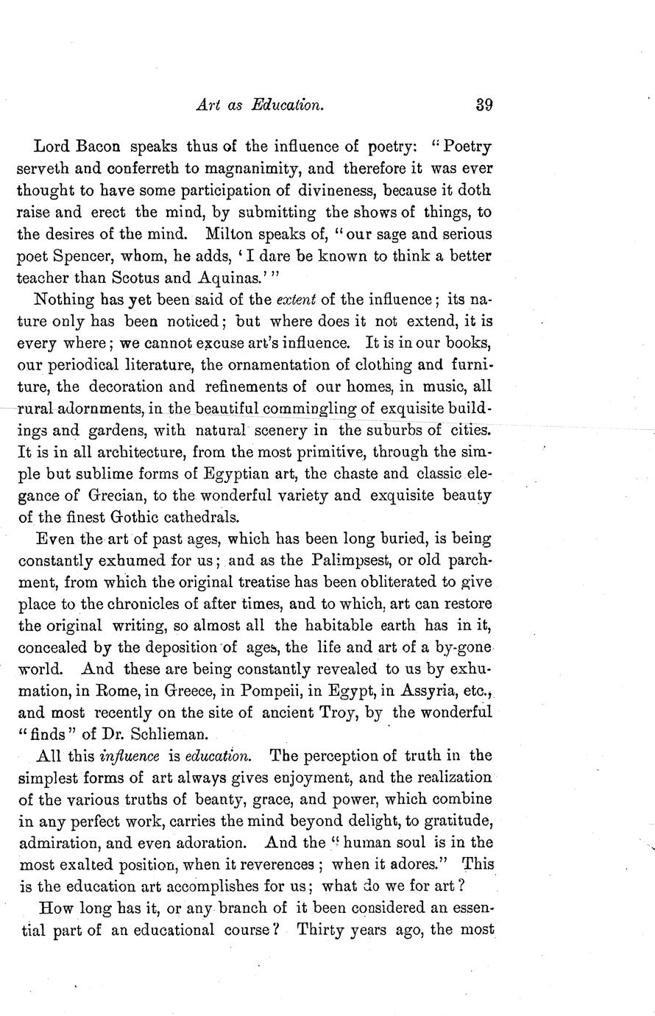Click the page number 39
coord(484,105)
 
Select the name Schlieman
coord(157,735)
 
